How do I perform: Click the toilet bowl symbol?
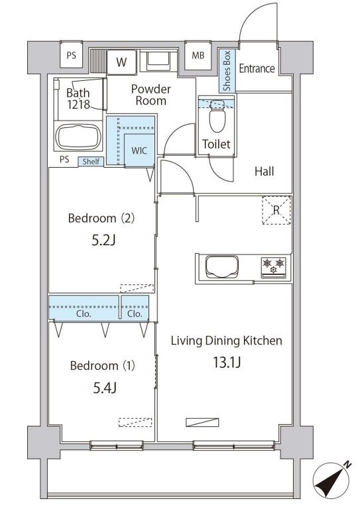(217, 117)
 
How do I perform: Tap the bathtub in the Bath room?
(78, 137)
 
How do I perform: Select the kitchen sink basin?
(223, 267)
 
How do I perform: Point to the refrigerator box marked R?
(276, 210)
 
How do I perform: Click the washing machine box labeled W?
(121, 62)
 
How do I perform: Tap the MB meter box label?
(198, 56)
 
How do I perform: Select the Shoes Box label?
(227, 70)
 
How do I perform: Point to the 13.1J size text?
(227, 362)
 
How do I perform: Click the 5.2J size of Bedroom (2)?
(103, 240)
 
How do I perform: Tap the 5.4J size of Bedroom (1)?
(105, 388)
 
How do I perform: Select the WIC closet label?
(139, 150)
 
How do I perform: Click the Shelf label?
(91, 161)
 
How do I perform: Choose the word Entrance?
(257, 68)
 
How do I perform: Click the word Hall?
(265, 172)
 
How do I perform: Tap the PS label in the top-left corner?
(72, 55)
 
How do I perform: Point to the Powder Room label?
(151, 95)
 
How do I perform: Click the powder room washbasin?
(158, 61)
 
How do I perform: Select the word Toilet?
(216, 144)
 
